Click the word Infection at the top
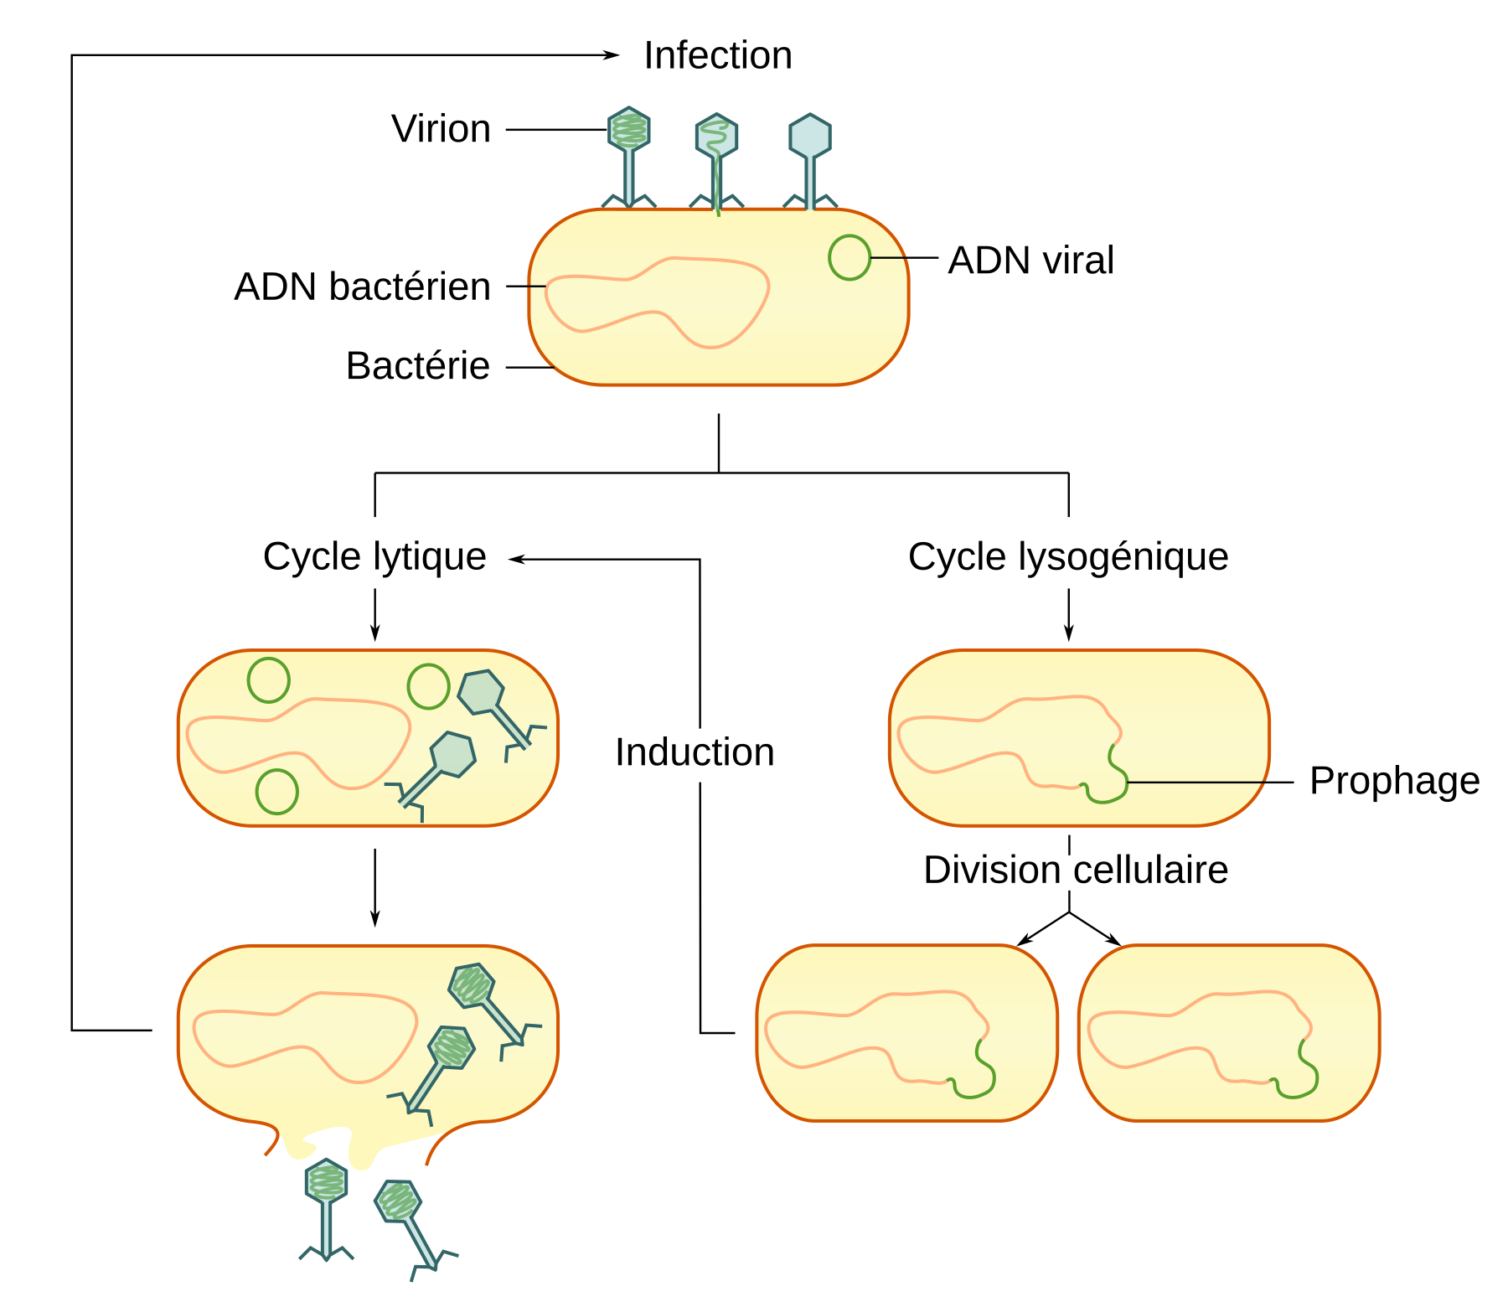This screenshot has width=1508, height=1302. click(717, 56)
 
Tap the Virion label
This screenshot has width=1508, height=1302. click(441, 129)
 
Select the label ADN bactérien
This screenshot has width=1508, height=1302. click(362, 287)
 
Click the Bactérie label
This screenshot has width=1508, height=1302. click(417, 366)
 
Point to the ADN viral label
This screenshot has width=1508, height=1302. click(1030, 260)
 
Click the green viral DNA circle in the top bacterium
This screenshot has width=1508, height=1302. click(849, 257)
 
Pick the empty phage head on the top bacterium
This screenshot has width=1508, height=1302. click(809, 137)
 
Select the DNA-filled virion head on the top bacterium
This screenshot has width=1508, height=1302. click(628, 130)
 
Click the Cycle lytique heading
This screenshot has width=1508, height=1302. click(374, 556)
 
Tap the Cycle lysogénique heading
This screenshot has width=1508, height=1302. click(1068, 556)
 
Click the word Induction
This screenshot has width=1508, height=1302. click(695, 752)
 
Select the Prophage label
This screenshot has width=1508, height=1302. click(1394, 781)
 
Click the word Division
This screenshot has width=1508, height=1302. click(992, 870)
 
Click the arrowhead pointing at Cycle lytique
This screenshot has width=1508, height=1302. click(516, 559)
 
